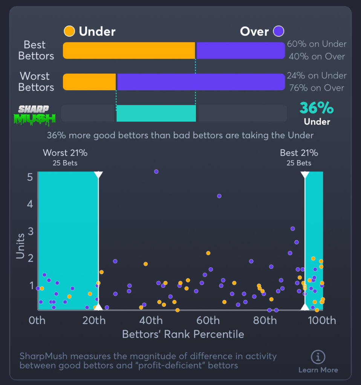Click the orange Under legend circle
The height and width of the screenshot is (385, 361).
(69, 31)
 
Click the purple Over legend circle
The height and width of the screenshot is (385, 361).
(279, 31)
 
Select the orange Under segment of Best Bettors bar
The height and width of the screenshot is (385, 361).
(128, 50)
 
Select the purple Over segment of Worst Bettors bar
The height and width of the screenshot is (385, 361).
(201, 82)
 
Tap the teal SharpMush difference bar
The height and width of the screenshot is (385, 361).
(156, 113)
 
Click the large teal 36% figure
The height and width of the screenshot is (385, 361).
(317, 108)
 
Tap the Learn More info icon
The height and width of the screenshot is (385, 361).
(318, 356)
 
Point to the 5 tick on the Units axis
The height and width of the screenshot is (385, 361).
(29, 177)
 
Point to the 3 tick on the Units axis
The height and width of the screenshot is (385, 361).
(29, 231)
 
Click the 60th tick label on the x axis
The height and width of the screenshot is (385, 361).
(208, 321)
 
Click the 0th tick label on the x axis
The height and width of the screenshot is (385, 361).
(37, 321)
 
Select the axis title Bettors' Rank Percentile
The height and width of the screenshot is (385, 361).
(183, 334)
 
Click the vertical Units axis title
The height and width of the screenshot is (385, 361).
(20, 246)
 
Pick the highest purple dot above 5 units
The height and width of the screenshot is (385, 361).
(156, 171)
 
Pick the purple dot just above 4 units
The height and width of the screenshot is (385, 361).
(219, 196)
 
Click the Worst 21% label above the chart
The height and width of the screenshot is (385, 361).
(65, 153)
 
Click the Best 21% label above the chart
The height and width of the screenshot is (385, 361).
(299, 153)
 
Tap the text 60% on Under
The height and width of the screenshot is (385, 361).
(317, 44)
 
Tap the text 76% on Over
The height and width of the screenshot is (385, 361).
(317, 88)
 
